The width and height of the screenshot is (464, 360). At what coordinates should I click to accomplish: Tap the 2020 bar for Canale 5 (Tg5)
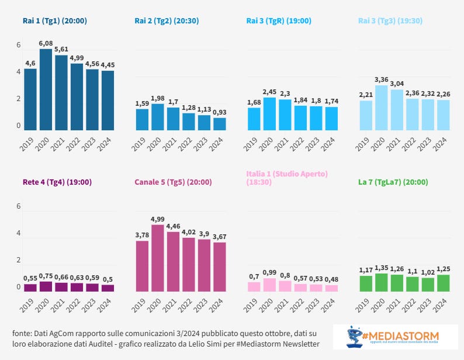click(157, 258)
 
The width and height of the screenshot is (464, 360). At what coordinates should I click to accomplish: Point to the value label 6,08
click(46, 43)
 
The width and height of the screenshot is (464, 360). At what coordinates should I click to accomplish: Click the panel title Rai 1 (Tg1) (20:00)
click(55, 20)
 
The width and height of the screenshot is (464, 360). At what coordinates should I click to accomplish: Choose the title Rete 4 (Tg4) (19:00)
click(57, 182)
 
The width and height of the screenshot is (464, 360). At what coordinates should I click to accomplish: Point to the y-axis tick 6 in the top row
click(19, 45)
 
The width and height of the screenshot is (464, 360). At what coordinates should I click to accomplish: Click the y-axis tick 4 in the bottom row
click(19, 233)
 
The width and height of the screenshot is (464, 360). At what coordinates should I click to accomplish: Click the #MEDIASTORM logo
click(396, 338)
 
